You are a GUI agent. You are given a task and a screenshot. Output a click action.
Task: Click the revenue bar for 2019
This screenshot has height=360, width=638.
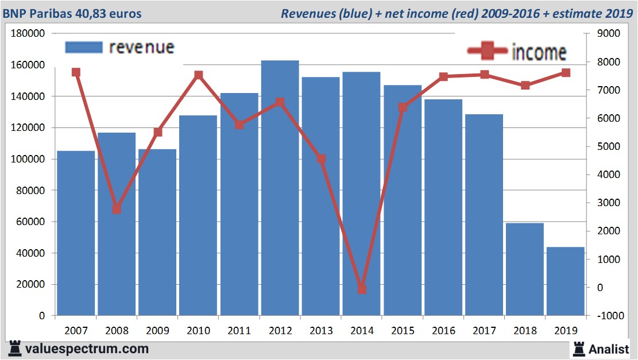566,281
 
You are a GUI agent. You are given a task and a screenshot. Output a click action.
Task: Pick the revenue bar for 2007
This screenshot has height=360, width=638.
76,233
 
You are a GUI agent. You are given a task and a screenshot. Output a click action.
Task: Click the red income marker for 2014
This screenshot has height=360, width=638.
362,289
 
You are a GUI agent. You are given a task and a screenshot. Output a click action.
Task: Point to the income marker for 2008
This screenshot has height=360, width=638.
117,209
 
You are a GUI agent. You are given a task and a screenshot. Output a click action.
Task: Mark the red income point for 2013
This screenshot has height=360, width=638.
321,158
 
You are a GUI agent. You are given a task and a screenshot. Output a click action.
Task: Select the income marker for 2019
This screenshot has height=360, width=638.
566,73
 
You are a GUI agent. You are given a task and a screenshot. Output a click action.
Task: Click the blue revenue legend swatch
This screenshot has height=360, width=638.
83,47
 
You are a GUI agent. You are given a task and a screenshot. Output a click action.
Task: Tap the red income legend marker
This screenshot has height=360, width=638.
488,52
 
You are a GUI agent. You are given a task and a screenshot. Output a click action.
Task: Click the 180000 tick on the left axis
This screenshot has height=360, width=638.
28,34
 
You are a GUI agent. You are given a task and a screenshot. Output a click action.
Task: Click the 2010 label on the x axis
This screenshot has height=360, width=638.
198,331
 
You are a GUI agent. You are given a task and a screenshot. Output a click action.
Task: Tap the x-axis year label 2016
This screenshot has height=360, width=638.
443,331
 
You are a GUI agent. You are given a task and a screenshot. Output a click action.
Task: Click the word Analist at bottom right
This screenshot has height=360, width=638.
608,349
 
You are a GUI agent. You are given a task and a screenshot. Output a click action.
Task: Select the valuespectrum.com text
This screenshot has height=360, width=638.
86,349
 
